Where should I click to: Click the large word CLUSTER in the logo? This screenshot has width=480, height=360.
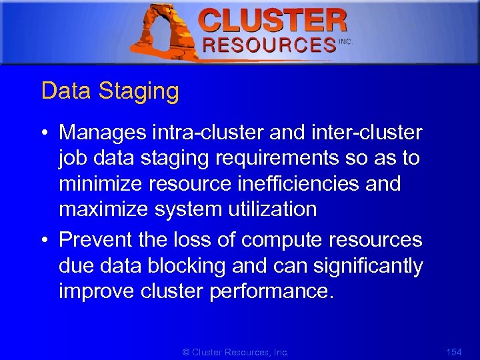coord(273,21)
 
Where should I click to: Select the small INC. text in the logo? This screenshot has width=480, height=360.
coord(345,42)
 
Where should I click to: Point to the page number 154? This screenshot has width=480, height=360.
coord(453,351)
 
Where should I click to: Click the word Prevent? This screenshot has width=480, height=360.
coord(96,240)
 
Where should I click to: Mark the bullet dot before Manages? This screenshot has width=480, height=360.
coord(44,133)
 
